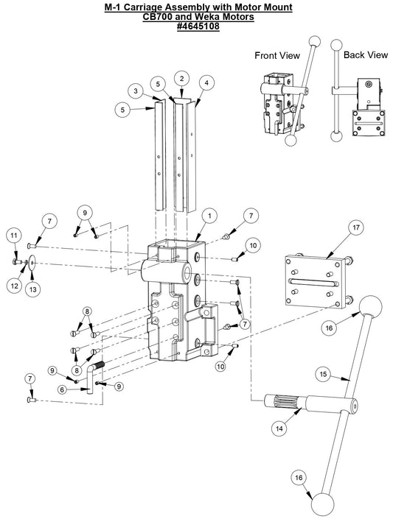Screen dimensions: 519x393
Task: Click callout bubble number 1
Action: (209, 216)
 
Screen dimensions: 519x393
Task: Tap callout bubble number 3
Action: (136, 90)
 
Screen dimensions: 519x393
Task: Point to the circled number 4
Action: (208, 83)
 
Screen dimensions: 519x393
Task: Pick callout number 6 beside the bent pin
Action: (63, 389)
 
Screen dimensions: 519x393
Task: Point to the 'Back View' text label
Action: (365, 54)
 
